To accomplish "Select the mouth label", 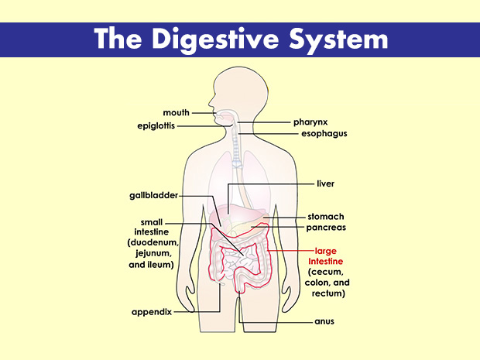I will [x=177, y=113].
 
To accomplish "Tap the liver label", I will [x=325, y=183].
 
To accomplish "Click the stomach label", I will [x=326, y=216].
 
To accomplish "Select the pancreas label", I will [x=326, y=228].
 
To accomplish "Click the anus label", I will [x=324, y=319].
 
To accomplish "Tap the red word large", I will [x=326, y=251].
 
